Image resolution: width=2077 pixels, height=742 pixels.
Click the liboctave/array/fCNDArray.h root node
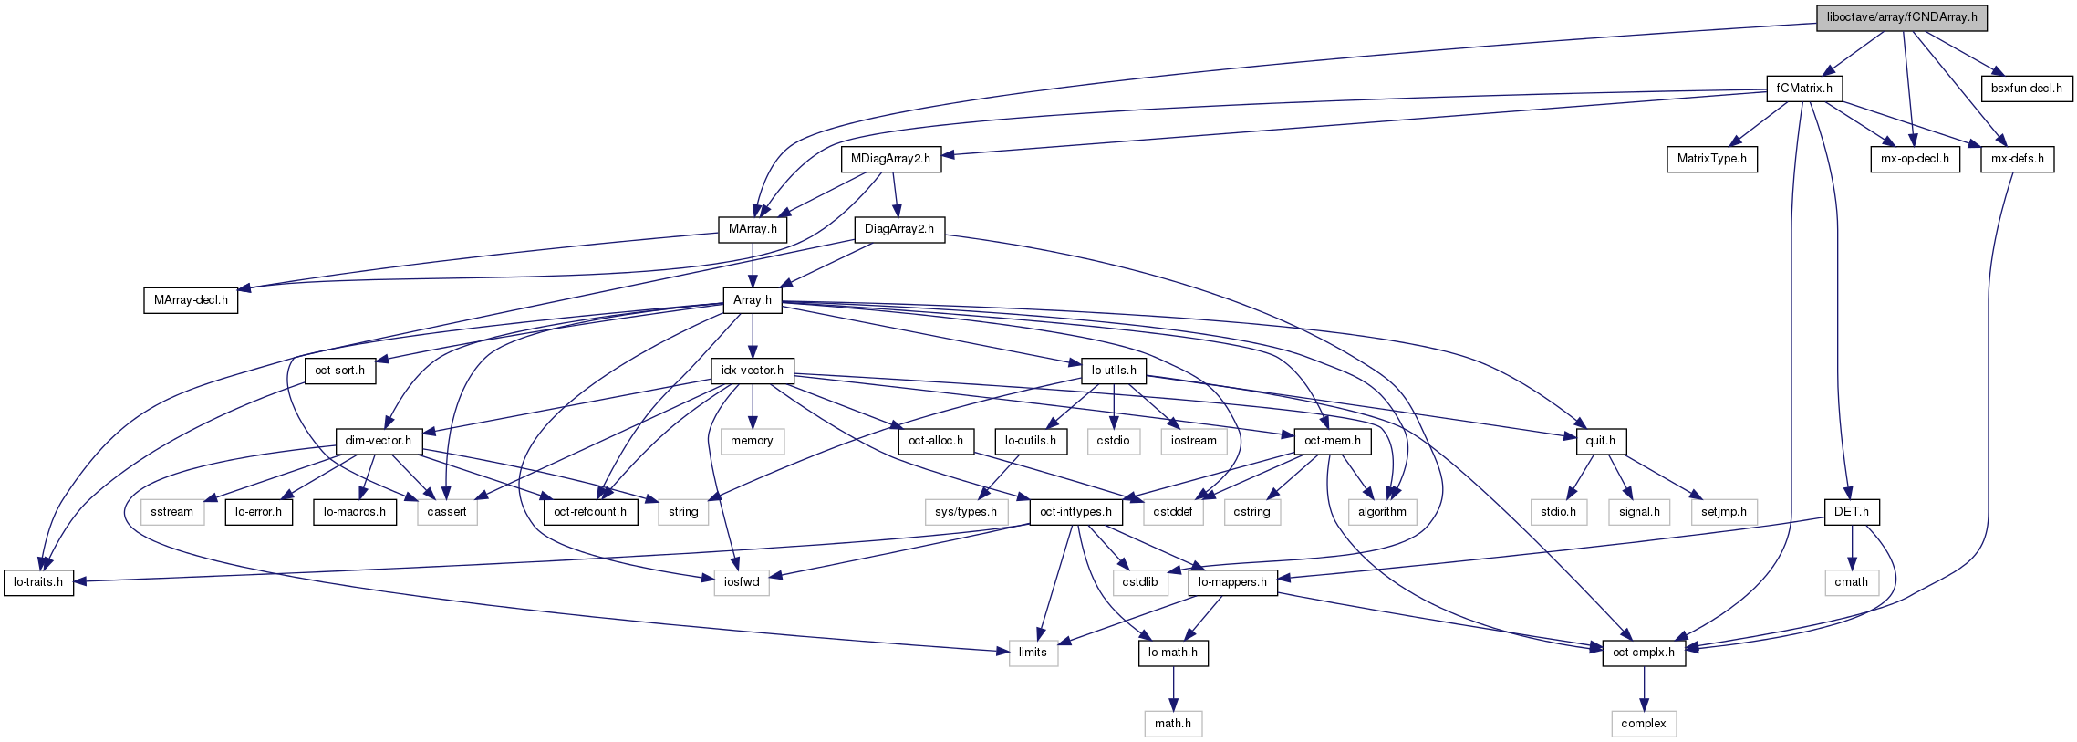(1901, 17)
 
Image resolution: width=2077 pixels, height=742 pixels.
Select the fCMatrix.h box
(1804, 89)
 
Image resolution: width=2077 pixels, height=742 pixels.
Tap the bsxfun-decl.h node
(2026, 89)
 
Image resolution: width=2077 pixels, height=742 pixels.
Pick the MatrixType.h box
(1711, 159)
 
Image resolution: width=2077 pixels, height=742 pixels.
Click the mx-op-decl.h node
(1915, 159)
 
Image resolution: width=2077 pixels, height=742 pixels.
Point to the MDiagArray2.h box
(890, 159)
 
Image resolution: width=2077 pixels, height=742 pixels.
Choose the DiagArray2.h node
(898, 229)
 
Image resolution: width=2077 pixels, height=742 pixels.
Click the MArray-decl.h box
(191, 300)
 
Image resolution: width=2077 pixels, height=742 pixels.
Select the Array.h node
(752, 300)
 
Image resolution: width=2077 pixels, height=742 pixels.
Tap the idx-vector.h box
(752, 371)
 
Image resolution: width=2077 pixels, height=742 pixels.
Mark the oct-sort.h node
(339, 371)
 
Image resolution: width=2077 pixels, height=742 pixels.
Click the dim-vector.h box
(378, 441)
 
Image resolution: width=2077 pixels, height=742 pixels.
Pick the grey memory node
(752, 441)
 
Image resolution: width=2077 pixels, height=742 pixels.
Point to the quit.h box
(1600, 441)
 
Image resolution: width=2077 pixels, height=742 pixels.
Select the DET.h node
(1851, 512)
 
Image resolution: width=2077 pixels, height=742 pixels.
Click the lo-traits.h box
(38, 582)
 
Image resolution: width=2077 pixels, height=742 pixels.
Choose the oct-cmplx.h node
(1643, 653)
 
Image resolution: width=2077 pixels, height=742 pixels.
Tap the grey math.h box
(1172, 724)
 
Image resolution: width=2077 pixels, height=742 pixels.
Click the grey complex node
(1643, 724)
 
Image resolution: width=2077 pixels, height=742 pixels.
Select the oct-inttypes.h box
(1075, 512)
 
